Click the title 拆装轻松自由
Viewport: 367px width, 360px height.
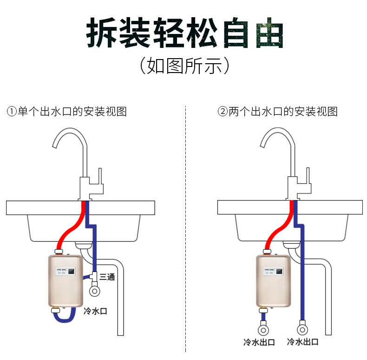(184, 33)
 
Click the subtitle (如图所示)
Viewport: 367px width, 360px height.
(184, 66)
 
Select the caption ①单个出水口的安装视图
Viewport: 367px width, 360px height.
(66, 112)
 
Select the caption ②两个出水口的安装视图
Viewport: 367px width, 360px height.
(277, 112)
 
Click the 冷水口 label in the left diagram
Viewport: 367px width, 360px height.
(95, 310)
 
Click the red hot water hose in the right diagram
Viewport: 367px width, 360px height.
(278, 230)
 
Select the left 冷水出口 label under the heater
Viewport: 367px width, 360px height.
(259, 342)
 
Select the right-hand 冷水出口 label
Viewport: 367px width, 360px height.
(302, 342)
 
